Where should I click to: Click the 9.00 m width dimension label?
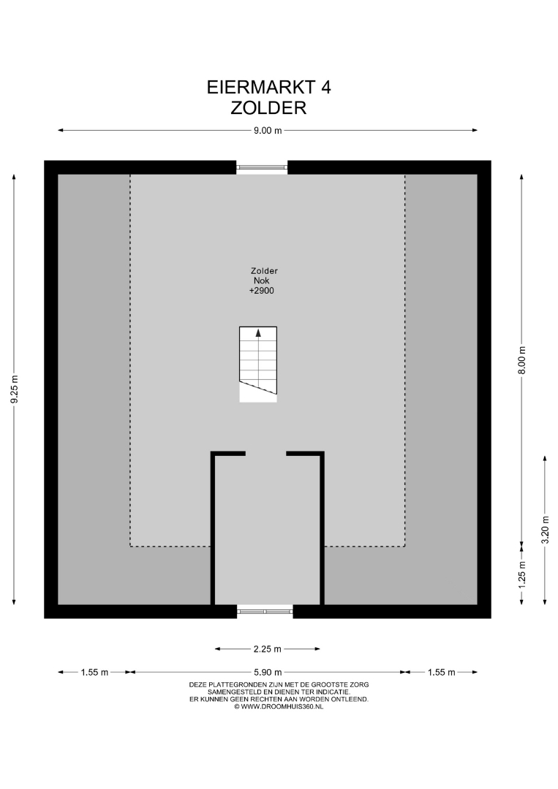click(268, 130)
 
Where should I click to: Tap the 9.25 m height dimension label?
click(15, 389)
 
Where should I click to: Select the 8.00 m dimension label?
click(521, 359)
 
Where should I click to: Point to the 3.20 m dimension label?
click(545, 530)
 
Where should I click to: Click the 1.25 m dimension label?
click(521, 574)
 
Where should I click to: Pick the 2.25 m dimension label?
click(268, 649)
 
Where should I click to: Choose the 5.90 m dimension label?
click(268, 672)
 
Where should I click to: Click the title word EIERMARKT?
click(261, 88)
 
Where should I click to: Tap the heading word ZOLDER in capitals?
click(268, 108)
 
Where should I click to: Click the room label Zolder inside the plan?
click(265, 271)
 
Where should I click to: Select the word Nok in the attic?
click(261, 281)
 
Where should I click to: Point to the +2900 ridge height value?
click(261, 291)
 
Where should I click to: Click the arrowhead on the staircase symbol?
click(258, 332)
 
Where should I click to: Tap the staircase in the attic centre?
click(258, 365)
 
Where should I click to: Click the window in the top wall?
click(262, 167)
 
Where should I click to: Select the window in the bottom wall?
click(265, 611)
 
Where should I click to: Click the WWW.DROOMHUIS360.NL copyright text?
click(279, 706)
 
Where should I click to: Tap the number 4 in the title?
click(326, 88)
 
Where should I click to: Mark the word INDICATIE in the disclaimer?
click(332, 692)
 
